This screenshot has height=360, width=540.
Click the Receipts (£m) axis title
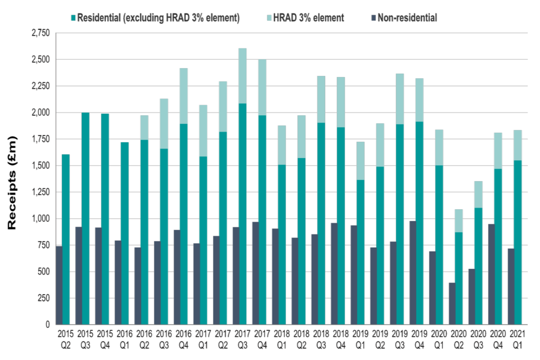[12, 182]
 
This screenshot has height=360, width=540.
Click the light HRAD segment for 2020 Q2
[460, 221]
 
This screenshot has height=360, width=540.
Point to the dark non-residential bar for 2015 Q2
[58, 285]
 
